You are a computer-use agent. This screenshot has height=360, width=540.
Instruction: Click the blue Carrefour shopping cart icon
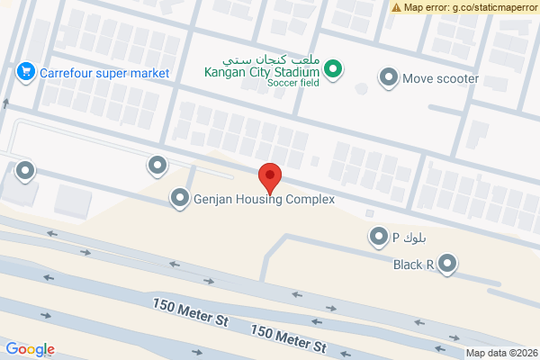(x=25, y=70)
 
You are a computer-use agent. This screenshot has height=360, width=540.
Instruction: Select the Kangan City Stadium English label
(x=262, y=73)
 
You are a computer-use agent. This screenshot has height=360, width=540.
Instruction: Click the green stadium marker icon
(x=333, y=68)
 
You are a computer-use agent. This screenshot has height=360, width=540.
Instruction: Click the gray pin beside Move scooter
(x=389, y=78)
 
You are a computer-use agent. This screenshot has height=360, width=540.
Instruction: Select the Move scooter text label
(x=440, y=78)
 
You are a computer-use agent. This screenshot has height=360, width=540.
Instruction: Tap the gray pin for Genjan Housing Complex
(x=180, y=199)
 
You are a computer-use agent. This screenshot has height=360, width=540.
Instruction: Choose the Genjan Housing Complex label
(x=265, y=200)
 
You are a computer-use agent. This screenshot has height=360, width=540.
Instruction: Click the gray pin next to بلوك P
(x=378, y=238)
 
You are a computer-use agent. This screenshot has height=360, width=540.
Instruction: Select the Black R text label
(x=414, y=265)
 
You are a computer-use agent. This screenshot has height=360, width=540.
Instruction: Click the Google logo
(x=30, y=349)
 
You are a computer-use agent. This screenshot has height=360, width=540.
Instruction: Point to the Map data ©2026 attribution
(x=502, y=353)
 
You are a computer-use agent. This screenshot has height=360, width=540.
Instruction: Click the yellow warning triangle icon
(x=396, y=7)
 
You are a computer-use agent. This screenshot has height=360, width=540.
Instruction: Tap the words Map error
(x=425, y=7)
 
